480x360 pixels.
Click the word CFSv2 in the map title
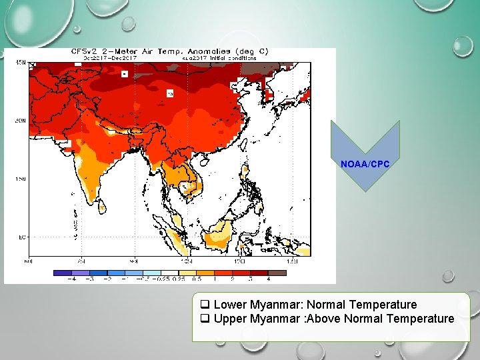tap(85, 51)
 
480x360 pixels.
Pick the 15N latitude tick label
tap(21, 179)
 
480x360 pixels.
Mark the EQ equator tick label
tap(21, 237)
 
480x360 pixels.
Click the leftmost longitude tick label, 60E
tap(27, 261)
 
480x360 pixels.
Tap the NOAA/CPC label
tap(365, 164)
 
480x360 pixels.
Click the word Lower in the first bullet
tap(229, 305)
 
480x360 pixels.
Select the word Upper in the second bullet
tap(230, 319)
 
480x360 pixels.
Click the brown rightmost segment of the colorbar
tap(277, 273)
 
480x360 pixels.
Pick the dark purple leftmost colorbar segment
tap(61, 273)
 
